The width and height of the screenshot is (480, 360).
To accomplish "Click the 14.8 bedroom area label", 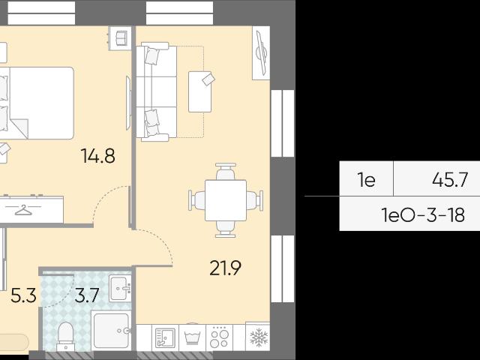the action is pyautogui.click(x=98, y=155).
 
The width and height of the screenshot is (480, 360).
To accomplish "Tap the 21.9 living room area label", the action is pyautogui.click(x=225, y=268).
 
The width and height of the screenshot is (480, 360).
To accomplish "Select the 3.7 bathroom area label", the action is pyautogui.click(x=87, y=295).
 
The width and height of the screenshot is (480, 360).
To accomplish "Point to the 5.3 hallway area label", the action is pyautogui.click(x=23, y=295).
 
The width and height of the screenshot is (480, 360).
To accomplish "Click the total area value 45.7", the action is pyautogui.click(x=450, y=180).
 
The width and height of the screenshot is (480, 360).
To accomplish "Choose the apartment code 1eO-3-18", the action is pyautogui.click(x=423, y=214).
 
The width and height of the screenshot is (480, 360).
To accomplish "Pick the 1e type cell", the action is pyautogui.click(x=367, y=180).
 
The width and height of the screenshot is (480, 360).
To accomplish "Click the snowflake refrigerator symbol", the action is pyautogui.click(x=259, y=337).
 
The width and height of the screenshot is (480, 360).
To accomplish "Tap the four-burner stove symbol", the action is pyautogui.click(x=220, y=338).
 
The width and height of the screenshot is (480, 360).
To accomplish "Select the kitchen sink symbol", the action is pyautogui.click(x=165, y=338).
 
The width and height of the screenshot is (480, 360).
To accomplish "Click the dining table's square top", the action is pyautogui.click(x=226, y=200).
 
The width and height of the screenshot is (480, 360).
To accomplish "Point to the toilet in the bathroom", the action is pyautogui.click(x=66, y=336).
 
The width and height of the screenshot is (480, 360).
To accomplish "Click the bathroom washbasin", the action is pyautogui.click(x=120, y=288).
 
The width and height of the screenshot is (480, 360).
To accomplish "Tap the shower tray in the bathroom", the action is pyautogui.click(x=112, y=331).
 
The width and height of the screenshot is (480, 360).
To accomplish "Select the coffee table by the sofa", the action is pyautogui.click(x=200, y=91).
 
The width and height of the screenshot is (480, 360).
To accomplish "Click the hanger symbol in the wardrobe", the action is pyautogui.click(x=23, y=210).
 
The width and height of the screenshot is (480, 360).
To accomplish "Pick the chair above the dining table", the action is pyautogui.click(x=226, y=172).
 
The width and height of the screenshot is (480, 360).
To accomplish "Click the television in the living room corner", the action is pyautogui.click(x=261, y=53).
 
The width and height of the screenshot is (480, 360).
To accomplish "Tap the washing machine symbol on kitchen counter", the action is pyautogui.click(x=192, y=338).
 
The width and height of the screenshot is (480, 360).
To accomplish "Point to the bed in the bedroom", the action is pyautogui.click(x=37, y=103).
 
